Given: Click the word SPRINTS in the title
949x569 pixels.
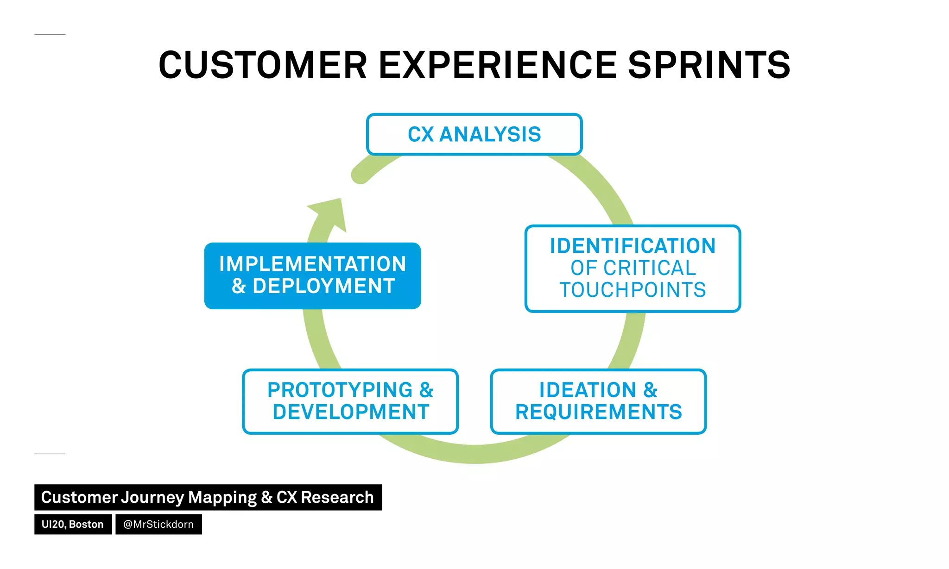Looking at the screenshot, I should click(x=709, y=65).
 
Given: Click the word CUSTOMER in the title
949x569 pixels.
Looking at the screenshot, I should click(x=263, y=65).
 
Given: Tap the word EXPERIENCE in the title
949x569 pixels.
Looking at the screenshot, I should click(x=498, y=65).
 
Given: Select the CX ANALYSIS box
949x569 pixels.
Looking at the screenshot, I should click(x=474, y=134).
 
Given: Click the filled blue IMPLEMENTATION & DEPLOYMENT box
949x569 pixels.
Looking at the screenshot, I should click(x=312, y=275).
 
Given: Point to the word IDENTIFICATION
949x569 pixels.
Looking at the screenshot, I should click(x=633, y=246).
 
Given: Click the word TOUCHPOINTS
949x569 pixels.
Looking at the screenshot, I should click(x=633, y=290).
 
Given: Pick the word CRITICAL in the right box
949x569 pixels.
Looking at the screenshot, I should click(x=650, y=268).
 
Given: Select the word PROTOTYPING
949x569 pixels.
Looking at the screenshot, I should click(x=340, y=390).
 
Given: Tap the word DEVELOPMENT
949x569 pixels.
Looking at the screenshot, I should click(x=351, y=412).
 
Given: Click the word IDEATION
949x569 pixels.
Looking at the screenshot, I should click(x=588, y=390).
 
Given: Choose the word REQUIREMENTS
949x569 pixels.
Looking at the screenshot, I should click(x=598, y=412).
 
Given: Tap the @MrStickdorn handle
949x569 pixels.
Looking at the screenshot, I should click(x=158, y=524).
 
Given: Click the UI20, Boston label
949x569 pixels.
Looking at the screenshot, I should click(x=73, y=524).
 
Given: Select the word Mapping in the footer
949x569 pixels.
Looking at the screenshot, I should click(x=222, y=497).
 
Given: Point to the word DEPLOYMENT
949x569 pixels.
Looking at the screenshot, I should click(x=323, y=286).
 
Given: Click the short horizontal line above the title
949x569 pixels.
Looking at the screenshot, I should click(x=50, y=35).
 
